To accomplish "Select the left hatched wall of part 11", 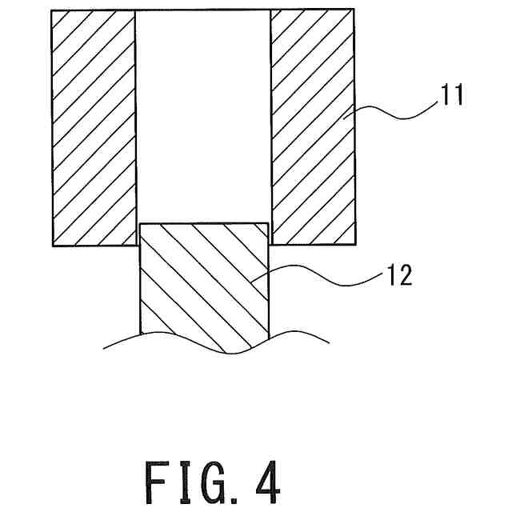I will click(93, 128).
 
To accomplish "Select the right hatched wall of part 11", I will click(313, 128).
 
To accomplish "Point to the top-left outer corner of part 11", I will click(51, 10).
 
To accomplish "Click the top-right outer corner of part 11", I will click(354, 10).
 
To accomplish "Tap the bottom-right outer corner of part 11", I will click(354, 244).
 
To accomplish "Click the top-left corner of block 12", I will click(140, 224).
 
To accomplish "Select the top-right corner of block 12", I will click(269, 224).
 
